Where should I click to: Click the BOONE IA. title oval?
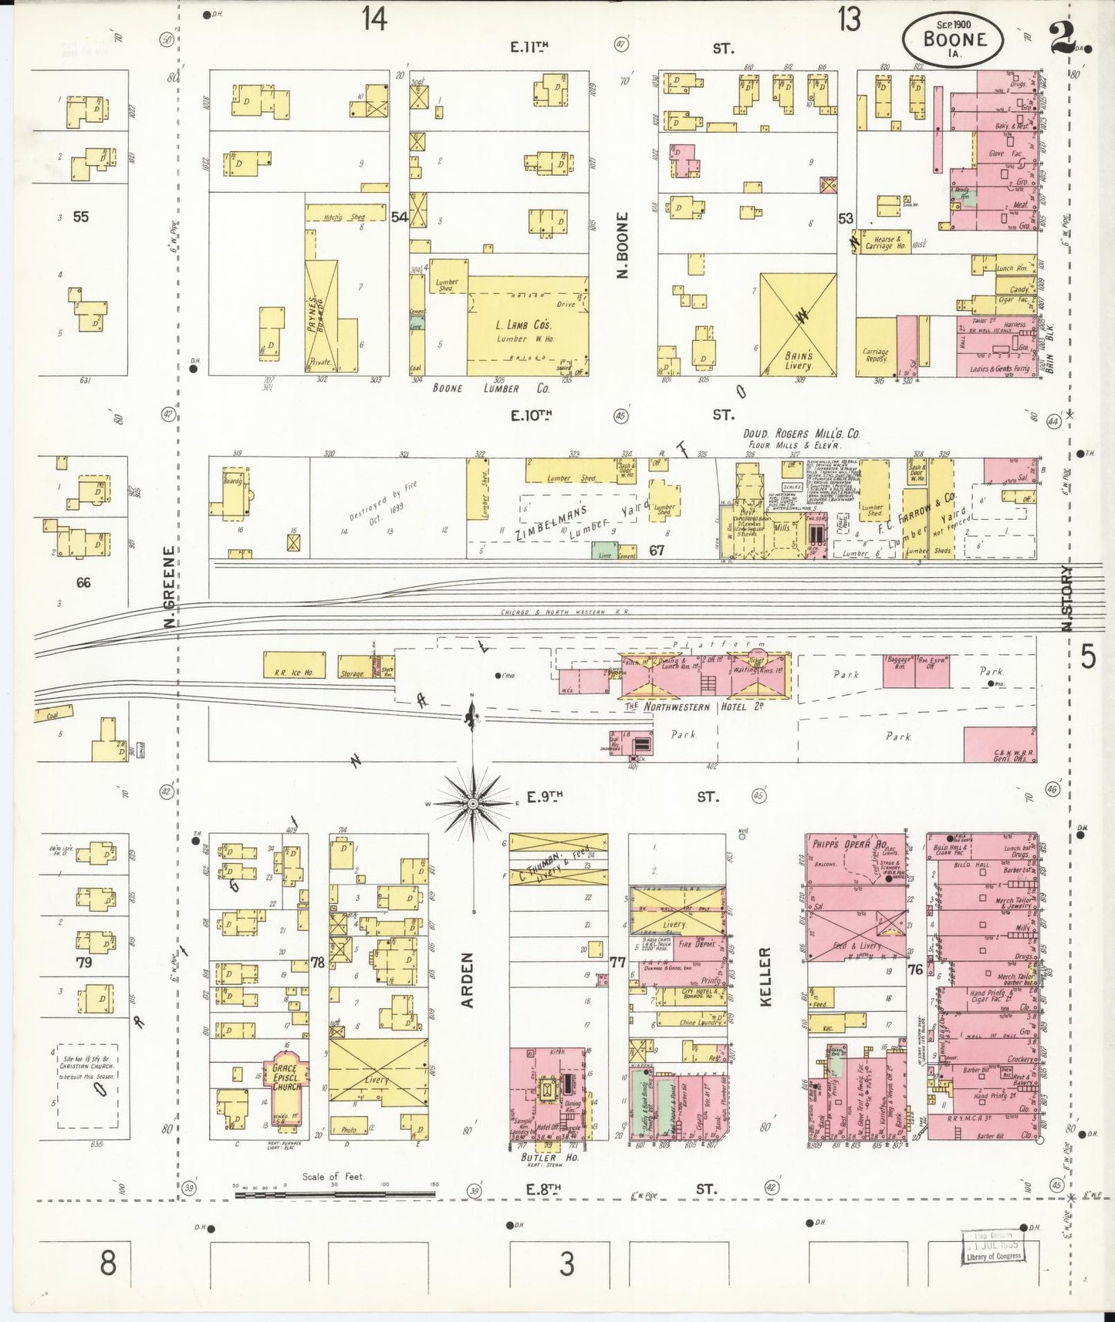tap(954, 39)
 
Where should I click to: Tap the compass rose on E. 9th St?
tap(472, 803)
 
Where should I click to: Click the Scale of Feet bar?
tap(334, 1195)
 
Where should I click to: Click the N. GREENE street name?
tap(169, 586)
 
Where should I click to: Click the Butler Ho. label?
tap(539, 1158)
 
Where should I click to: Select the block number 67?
tap(657, 550)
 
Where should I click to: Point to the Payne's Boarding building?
tap(322, 316)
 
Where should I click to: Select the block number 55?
tap(80, 217)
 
